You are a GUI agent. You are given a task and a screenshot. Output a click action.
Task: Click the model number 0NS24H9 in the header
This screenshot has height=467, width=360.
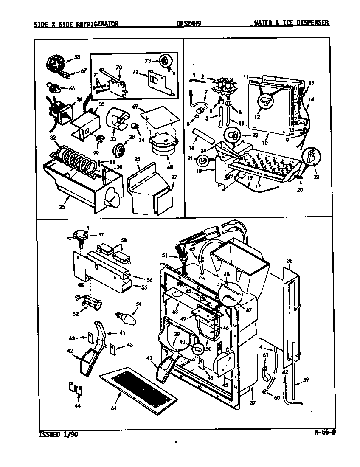pyautogui.click(x=188, y=24)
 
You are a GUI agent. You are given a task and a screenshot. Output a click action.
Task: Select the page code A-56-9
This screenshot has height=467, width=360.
pyautogui.click(x=325, y=433)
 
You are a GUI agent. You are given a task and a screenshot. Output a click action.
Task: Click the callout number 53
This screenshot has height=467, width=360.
pyautogui.click(x=77, y=56)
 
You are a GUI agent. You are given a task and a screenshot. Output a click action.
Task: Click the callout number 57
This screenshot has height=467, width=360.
pyautogui.click(x=101, y=234)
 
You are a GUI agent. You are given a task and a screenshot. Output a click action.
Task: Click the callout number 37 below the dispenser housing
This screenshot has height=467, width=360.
pyautogui.click(x=253, y=402)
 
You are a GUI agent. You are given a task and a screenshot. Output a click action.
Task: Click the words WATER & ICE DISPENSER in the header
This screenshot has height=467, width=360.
pyautogui.click(x=291, y=23)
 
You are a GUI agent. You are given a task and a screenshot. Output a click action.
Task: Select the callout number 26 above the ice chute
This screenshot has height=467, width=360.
pyautogui.click(x=137, y=160)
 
